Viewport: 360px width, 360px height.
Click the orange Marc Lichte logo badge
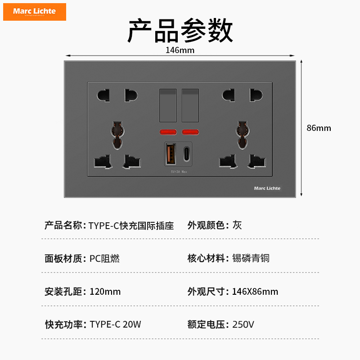[x=35, y=12]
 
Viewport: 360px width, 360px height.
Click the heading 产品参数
[x=180, y=31]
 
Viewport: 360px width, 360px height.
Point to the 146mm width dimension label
[x=180, y=50]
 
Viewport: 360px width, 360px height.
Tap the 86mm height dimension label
[x=319, y=128]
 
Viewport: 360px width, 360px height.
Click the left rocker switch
[x=168, y=106]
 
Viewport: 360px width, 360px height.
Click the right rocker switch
[x=190, y=106]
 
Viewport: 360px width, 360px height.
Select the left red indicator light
[x=168, y=132]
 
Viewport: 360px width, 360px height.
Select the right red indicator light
[x=190, y=132]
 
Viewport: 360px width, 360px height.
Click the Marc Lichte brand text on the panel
[x=267, y=188]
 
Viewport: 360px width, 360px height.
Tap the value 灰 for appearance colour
[x=237, y=225]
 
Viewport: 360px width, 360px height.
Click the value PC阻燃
[x=104, y=258]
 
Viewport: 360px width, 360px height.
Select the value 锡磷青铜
[x=251, y=258]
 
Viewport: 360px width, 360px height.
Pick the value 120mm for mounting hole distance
[x=105, y=292]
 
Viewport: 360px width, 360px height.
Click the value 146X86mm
[x=255, y=292]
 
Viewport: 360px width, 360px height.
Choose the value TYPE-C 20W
[x=115, y=324]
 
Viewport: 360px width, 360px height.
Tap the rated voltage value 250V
[x=243, y=324]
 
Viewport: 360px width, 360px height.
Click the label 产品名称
[x=63, y=225]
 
